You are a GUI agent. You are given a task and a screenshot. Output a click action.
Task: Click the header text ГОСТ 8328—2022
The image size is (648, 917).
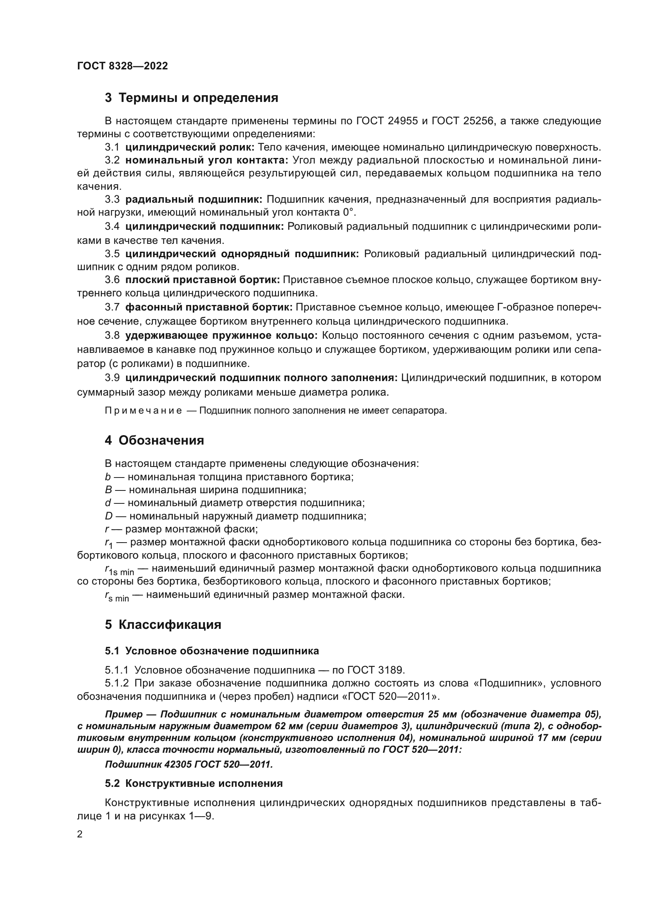tap(122, 66)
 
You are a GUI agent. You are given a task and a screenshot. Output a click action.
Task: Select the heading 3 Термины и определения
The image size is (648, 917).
tap(191, 98)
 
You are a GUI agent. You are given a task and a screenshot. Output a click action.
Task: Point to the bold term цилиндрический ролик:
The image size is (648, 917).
tap(190, 147)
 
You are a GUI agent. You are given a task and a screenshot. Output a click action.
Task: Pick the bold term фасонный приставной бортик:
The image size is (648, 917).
tap(209, 307)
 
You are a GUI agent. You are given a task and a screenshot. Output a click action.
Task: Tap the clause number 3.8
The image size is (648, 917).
tap(112, 335)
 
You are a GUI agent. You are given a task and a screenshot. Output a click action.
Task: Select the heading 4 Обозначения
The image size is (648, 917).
tap(154, 440)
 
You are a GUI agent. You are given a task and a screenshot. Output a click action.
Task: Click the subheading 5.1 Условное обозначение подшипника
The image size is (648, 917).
tap(212, 651)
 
